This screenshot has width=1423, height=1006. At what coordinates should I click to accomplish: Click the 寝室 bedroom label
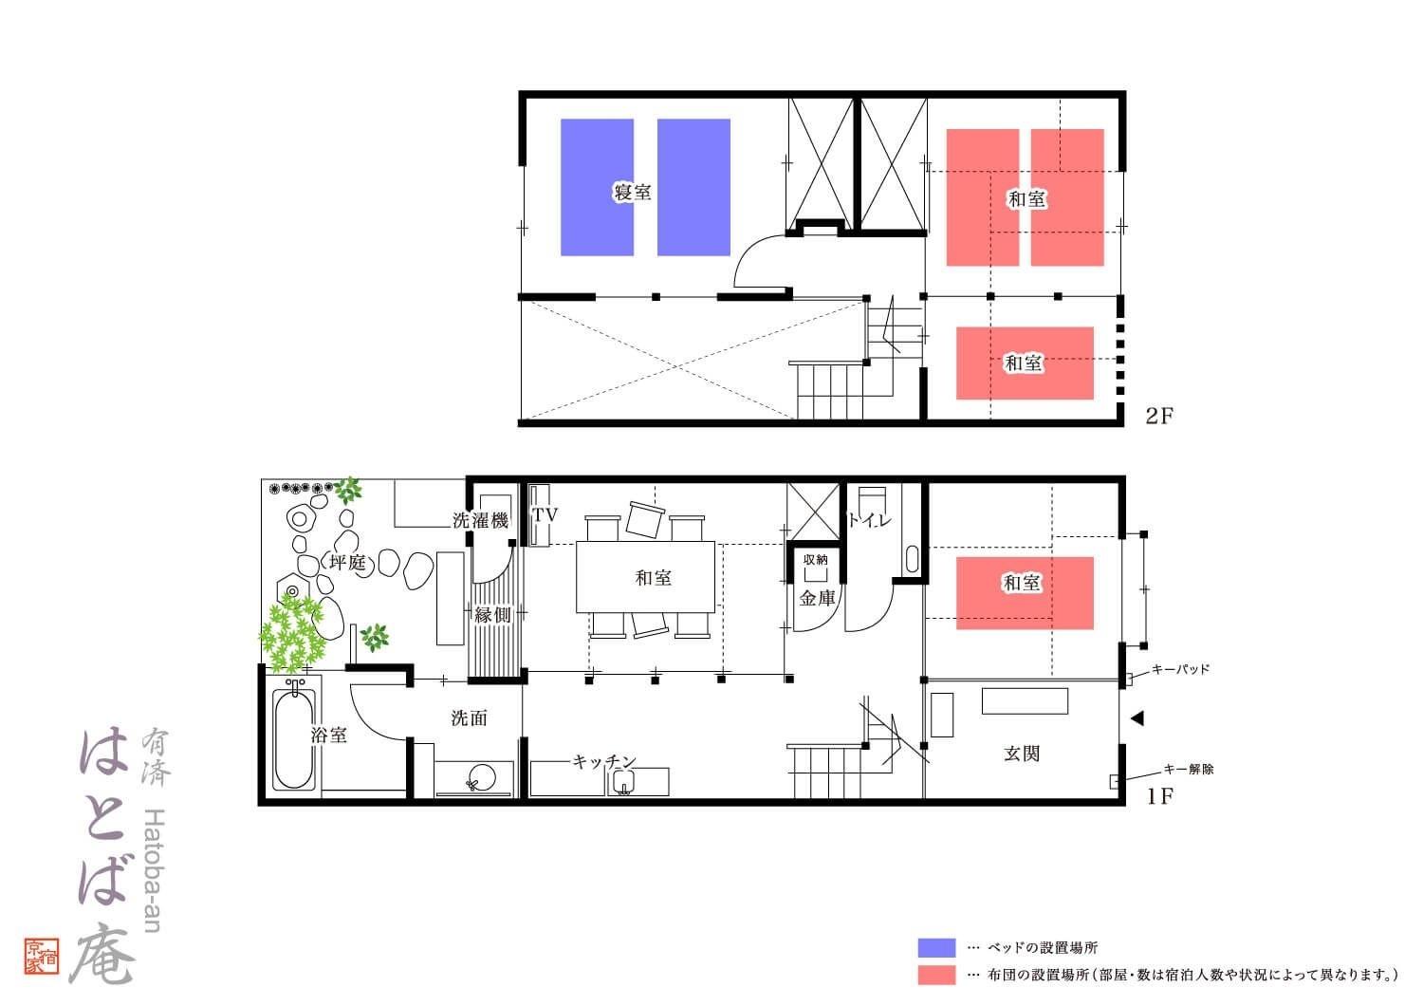pos(632,192)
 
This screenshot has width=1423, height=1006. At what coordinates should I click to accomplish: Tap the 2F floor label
pos(1158,416)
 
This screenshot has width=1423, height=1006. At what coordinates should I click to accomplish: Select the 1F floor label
pos(1159,795)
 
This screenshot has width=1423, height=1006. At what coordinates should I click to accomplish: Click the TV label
pos(545,514)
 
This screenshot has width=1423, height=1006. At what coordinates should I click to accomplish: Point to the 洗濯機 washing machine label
pos(480,520)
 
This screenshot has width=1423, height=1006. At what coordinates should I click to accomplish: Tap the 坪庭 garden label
pos(347,563)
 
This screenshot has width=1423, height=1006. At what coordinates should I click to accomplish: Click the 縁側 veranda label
pos(492,615)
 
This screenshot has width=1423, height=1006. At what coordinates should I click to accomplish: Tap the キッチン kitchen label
pos(603,761)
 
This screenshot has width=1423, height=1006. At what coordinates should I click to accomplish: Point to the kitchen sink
pos(624,782)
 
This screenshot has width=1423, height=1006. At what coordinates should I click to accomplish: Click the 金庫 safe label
pos(817,598)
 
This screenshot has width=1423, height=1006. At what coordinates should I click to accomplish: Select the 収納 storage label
pos(816,559)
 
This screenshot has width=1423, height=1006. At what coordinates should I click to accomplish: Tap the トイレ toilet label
pos(870,520)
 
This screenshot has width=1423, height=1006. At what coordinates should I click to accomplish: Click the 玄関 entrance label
pos(1022,754)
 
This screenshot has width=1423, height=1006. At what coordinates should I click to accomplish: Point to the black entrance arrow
pos(1137,718)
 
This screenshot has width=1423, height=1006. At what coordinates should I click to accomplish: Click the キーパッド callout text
pos(1180,669)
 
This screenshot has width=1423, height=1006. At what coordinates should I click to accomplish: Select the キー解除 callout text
pos(1188,769)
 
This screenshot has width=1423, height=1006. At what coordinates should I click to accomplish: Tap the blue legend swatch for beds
pos(936,947)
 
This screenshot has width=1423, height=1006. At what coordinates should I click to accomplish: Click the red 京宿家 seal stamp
pos(42,956)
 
